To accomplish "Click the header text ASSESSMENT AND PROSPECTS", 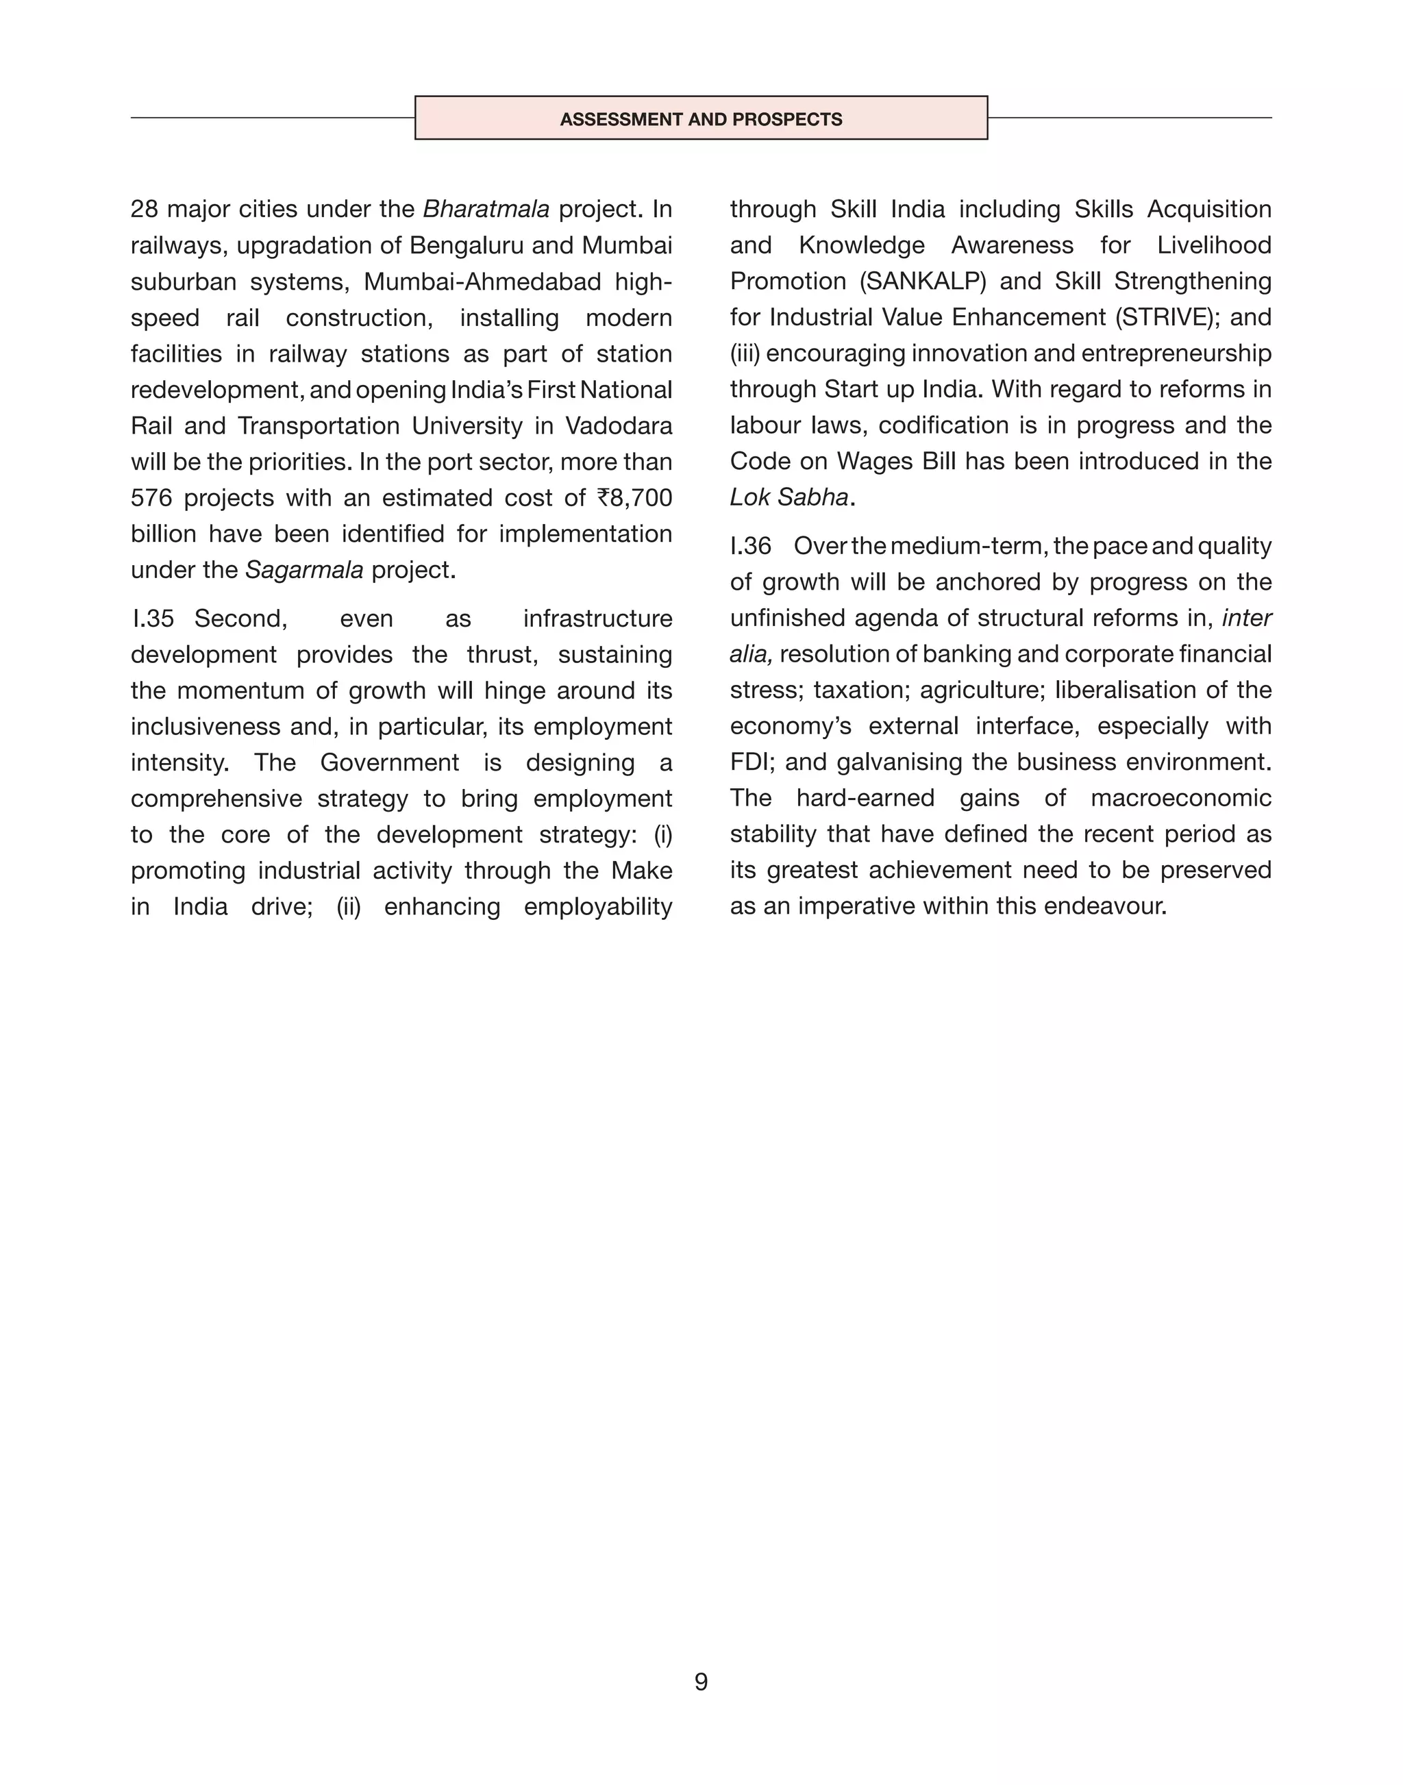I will coord(701,119).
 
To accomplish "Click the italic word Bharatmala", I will coord(486,210).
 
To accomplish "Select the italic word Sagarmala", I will coord(304,570).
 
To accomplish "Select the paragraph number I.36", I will coord(750,547).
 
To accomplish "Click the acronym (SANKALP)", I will coord(923,282).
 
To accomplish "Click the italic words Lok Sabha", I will coord(789,498).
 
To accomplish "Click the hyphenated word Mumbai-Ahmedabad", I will coord(482,282).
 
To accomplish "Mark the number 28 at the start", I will coord(144,210).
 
